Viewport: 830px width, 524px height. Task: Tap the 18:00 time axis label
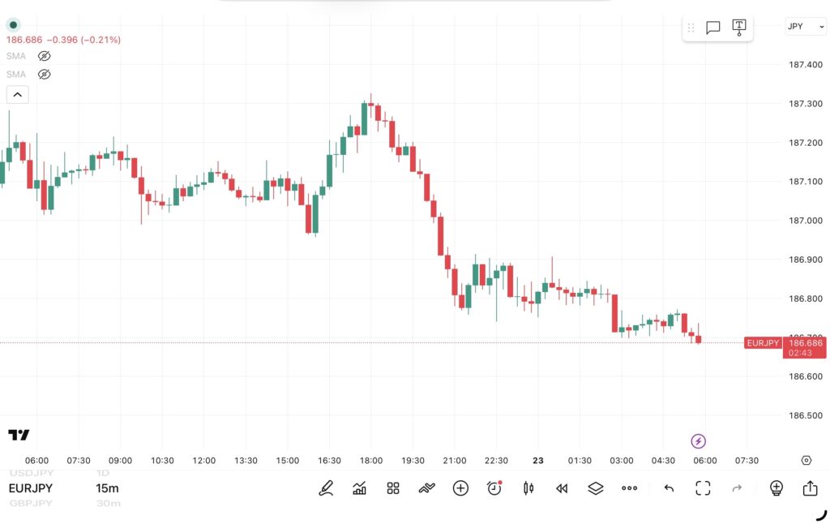click(371, 461)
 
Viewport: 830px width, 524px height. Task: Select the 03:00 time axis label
click(622, 461)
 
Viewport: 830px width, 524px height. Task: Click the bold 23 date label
click(538, 461)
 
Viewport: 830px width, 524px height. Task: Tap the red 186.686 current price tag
click(805, 343)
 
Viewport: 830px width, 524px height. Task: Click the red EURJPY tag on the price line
click(763, 343)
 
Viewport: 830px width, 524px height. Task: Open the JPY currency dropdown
click(805, 26)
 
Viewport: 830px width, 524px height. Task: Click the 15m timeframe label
click(107, 488)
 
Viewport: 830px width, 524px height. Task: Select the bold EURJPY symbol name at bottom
click(31, 488)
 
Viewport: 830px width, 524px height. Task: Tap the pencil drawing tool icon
click(326, 488)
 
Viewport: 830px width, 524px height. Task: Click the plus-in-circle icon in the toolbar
click(460, 488)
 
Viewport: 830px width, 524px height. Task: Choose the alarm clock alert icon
click(494, 488)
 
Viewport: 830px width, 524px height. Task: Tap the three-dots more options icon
click(630, 488)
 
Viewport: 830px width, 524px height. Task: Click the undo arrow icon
click(669, 488)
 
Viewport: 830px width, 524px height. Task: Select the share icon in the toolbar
click(810, 488)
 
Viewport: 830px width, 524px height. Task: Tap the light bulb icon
click(776, 488)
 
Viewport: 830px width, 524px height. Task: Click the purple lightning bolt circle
click(698, 441)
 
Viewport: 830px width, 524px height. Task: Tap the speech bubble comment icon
click(713, 28)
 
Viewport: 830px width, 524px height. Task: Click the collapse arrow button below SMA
click(17, 95)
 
